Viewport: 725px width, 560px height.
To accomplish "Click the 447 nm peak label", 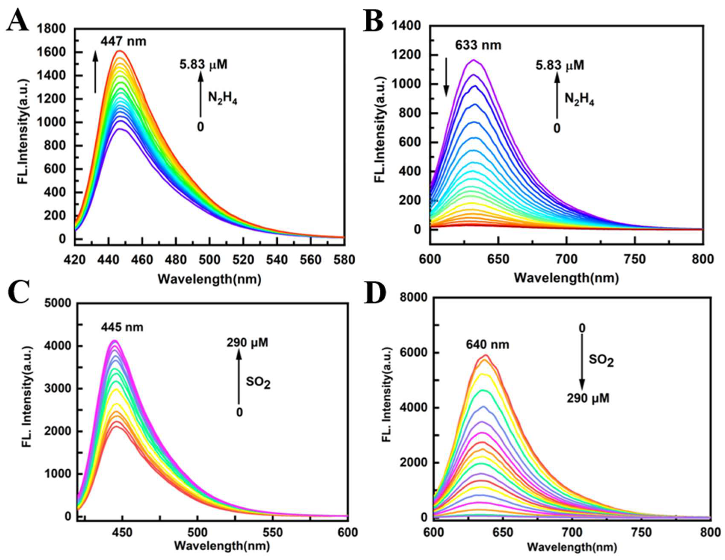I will [x=123, y=41].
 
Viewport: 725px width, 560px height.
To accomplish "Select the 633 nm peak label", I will [x=478, y=45].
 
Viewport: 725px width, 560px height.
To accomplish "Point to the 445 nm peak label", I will [x=122, y=327].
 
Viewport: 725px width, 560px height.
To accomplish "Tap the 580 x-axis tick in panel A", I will [x=344, y=260].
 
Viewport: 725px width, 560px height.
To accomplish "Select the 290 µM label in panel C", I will [x=247, y=343].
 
